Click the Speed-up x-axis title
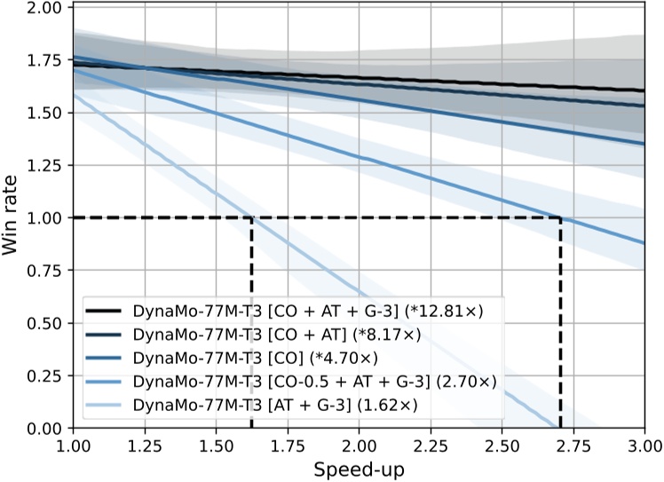pyautogui.click(x=359, y=468)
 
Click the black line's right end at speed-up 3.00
pyautogui.click(x=644, y=91)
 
